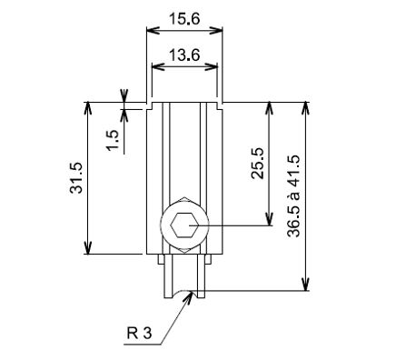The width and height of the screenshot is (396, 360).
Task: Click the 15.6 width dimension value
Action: [x=184, y=19]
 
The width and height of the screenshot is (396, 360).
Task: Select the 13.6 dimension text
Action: [x=184, y=55]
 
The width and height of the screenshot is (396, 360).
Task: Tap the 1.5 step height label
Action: [x=112, y=140]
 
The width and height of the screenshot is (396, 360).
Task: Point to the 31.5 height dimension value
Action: [x=75, y=178]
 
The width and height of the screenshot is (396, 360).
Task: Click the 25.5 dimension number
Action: [x=258, y=164]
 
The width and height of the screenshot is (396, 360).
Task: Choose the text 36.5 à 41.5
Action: [x=293, y=196]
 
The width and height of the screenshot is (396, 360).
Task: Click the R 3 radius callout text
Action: [x=139, y=334]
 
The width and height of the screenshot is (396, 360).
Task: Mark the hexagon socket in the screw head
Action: [x=184, y=225]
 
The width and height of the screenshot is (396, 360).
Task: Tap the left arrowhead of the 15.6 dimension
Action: [x=153, y=30]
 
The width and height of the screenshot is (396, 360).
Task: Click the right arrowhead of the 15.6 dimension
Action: [x=216, y=30]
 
